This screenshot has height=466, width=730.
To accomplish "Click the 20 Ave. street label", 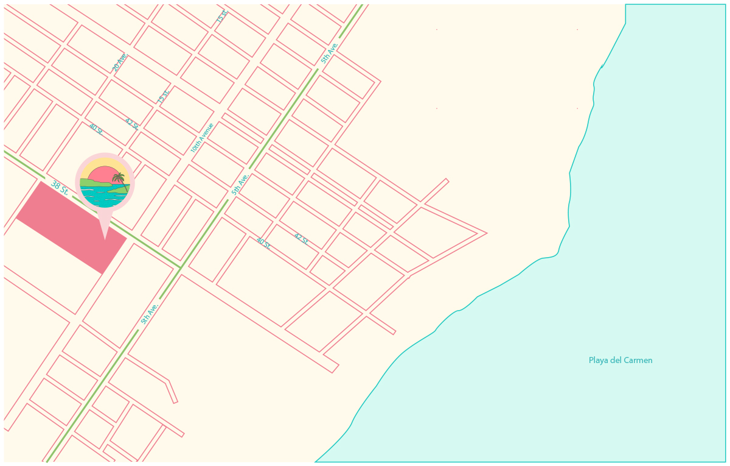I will (120, 62).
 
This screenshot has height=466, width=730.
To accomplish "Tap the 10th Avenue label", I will (202, 138).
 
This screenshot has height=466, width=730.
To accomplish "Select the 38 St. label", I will (59, 187).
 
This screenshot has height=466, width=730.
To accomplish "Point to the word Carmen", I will (639, 361).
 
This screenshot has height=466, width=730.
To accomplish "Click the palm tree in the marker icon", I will (119, 178).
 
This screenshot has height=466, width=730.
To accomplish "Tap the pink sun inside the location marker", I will (103, 174).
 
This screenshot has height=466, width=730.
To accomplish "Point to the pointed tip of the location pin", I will (105, 239).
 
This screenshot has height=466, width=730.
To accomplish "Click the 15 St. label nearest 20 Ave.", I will (163, 96).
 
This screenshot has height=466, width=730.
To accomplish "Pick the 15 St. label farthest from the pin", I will (222, 16).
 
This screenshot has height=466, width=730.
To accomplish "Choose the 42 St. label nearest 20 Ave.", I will (131, 124).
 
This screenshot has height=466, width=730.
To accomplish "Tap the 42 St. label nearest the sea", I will (301, 238).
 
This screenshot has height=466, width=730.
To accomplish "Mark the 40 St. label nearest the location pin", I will (96, 129).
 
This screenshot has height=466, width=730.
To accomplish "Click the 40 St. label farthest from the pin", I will (263, 243).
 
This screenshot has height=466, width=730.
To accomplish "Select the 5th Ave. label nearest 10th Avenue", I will (240, 184).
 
